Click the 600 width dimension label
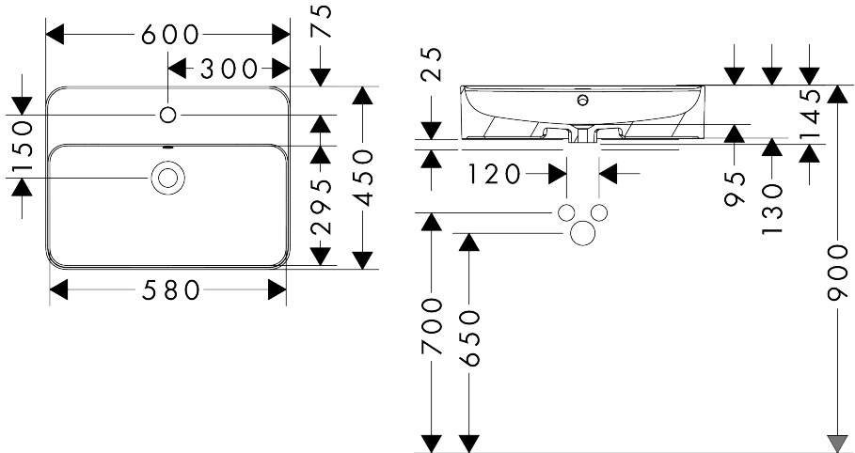[x=169, y=35]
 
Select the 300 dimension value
[x=229, y=69]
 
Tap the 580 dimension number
[x=170, y=290]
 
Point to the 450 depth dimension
[x=364, y=179]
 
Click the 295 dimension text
[x=321, y=206]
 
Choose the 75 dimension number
[x=322, y=21]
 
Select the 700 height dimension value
[x=432, y=325]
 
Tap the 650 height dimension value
[x=469, y=338]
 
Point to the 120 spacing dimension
[x=495, y=175]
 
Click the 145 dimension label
[x=810, y=115]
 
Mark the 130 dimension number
[x=772, y=209]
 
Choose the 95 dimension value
[x=735, y=189]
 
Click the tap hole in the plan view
[x=168, y=115]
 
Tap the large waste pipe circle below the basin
[x=582, y=233]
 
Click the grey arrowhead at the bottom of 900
[x=837, y=444]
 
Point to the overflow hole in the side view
[x=583, y=100]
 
